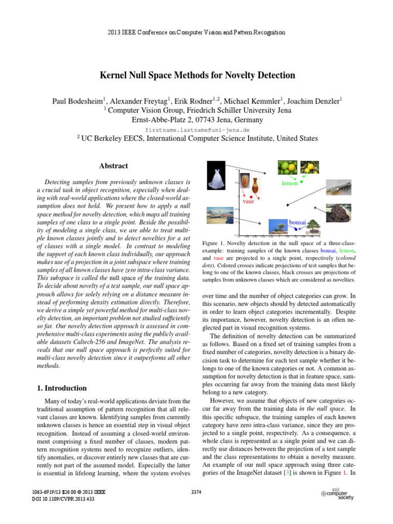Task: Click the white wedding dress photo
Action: (x=217, y=176)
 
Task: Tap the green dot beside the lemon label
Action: (x=302, y=182)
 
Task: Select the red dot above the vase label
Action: (x=251, y=196)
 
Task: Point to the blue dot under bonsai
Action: (x=296, y=229)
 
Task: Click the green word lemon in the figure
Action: (x=290, y=183)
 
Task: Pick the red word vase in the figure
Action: (x=248, y=202)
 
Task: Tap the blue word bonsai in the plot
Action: (x=297, y=223)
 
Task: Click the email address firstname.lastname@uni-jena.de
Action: (x=196, y=130)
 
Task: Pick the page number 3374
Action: (x=196, y=492)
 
